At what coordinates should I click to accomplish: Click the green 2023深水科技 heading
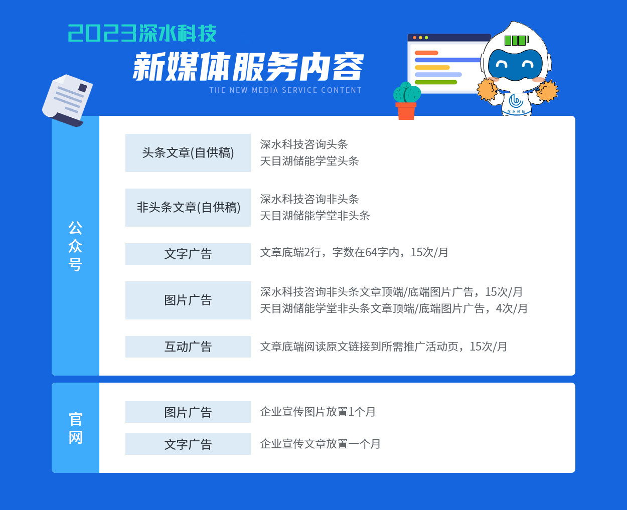(142, 33)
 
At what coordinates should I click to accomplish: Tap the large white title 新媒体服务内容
(248, 67)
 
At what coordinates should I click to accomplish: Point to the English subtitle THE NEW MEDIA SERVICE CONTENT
(285, 90)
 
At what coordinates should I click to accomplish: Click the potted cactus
(406, 101)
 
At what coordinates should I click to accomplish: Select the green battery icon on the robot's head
(516, 40)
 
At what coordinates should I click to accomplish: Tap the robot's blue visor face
(515, 64)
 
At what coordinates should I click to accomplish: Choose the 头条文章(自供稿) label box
(188, 153)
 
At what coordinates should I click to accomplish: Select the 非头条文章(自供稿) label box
(188, 208)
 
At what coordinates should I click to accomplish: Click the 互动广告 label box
(188, 347)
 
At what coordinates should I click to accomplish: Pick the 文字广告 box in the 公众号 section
(188, 254)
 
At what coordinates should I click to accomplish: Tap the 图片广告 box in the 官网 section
(188, 412)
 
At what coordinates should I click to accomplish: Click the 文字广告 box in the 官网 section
(188, 444)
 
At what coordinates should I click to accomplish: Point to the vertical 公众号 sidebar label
(75, 246)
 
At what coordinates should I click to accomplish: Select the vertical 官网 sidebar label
(75, 428)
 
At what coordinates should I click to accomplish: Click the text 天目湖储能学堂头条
(309, 161)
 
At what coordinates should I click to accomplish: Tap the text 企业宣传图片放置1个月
(318, 412)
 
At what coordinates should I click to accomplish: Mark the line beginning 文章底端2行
(354, 252)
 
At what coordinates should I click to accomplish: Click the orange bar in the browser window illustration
(426, 53)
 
